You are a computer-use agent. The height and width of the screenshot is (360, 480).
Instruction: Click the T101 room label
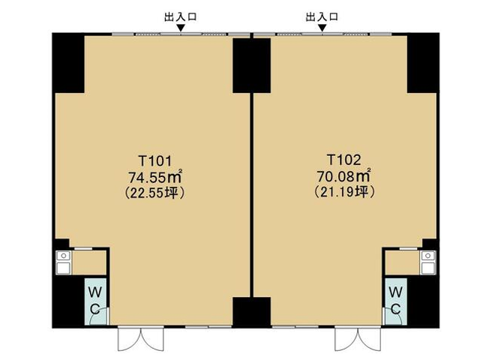coord(154,160)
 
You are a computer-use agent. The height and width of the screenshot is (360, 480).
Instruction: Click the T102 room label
coord(343,160)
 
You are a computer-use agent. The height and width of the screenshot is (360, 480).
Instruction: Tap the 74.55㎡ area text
coord(155,177)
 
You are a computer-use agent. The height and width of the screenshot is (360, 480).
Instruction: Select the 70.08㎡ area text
coord(344,175)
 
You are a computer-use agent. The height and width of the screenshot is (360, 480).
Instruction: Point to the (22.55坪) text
coord(155,193)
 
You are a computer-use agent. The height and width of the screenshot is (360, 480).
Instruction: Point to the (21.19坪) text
coord(345,192)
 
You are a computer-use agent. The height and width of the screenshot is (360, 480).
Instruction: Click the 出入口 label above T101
coord(181,16)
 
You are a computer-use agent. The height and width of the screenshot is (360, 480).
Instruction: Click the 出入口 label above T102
coord(322,16)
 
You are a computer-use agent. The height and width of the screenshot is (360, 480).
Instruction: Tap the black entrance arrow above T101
coord(181,28)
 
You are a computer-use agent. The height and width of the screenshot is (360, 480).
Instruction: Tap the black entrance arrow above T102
coord(322,28)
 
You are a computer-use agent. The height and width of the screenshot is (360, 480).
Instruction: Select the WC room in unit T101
coord(95,301)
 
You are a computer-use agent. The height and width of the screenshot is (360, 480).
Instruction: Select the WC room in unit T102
coord(396,301)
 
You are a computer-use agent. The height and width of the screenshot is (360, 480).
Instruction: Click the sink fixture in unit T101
coord(63,262)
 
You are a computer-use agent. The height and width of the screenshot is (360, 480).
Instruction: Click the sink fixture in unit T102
coord(428,262)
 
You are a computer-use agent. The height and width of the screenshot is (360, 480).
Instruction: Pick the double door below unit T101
coord(141,339)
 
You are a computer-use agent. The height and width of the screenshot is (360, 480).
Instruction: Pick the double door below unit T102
coord(358,339)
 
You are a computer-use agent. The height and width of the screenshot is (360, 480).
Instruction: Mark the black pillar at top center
coord(252,65)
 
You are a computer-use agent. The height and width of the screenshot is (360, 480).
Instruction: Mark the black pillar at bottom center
coord(252,312)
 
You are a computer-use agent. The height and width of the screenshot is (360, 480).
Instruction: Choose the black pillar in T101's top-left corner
coord(68,63)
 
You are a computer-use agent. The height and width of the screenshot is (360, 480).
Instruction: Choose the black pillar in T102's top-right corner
coord(423,63)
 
